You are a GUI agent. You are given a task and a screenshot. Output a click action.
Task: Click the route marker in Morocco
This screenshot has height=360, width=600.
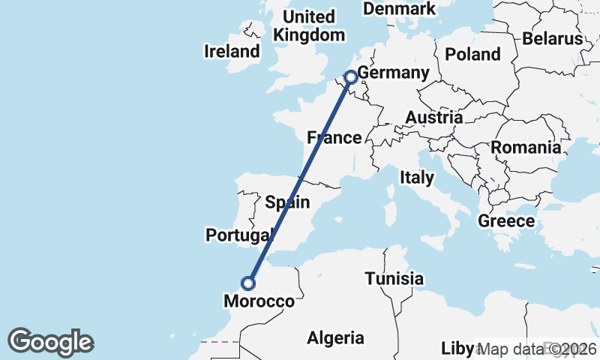click(248, 283)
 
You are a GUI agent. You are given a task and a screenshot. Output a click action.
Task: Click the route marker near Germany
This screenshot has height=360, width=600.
click(350, 76)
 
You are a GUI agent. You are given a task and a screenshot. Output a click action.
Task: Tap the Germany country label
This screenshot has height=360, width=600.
click(393, 73)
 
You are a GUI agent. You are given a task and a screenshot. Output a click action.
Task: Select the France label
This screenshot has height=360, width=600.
click(334, 138)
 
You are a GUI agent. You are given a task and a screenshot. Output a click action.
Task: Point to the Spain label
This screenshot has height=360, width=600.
click(287, 202)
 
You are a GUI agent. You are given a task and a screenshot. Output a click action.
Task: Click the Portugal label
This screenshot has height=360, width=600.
click(238, 235)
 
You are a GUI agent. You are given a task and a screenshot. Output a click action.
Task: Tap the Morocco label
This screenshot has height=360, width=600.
click(259, 301)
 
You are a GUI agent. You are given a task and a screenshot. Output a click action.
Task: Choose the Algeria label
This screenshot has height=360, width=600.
click(335, 338)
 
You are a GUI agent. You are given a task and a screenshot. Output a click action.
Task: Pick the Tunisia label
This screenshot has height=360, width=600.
click(394, 279)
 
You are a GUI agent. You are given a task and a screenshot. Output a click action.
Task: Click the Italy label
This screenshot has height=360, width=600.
click(417, 178)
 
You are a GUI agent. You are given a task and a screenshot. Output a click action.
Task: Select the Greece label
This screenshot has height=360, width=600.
click(506, 221)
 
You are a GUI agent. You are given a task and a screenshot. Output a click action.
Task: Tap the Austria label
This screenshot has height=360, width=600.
click(434, 118)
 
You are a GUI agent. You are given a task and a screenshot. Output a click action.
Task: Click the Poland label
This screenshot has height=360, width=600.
click(472, 54)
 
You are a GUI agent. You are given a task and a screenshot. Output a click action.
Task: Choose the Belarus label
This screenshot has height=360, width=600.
click(553, 38)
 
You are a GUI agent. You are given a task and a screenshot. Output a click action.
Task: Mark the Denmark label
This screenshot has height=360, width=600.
click(399, 9)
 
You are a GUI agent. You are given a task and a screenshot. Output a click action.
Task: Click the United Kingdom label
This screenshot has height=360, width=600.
click(309, 25)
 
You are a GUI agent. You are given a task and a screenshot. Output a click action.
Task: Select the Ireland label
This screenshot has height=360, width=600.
click(232, 52)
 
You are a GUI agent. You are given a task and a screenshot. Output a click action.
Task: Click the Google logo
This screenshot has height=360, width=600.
click(51, 342)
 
